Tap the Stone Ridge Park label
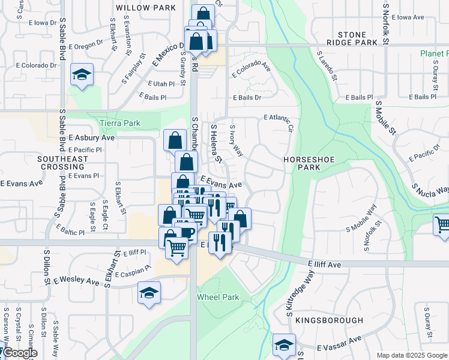coord(352,38)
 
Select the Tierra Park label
coord(120,123)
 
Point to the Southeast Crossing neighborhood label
coord(62,163)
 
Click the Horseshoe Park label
coord(304,164)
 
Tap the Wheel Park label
coord(218,297)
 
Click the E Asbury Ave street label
coord(91,137)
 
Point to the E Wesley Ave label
coord(76,280)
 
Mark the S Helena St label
coord(215,143)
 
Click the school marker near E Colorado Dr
coord(82,75)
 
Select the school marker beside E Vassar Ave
coord(284,345)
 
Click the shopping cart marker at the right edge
coord(442,224)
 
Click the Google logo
coord(19,353)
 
